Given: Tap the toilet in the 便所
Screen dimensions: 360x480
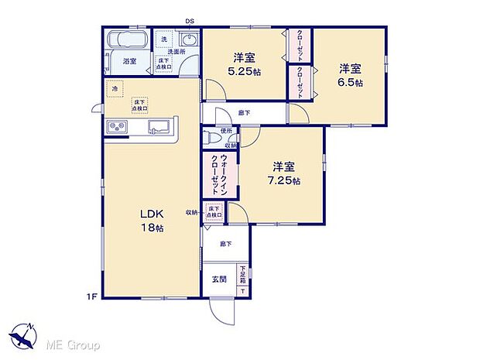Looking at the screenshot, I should coord(210,139).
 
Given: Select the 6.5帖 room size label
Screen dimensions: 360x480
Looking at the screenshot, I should coord(350,82).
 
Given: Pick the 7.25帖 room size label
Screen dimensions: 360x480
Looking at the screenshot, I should coord(286,180).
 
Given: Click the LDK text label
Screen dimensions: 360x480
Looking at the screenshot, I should coord(149,214).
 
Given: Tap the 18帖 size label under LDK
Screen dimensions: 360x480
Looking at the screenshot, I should coord(151,228).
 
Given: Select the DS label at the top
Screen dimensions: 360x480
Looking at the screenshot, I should coord(189,21).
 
